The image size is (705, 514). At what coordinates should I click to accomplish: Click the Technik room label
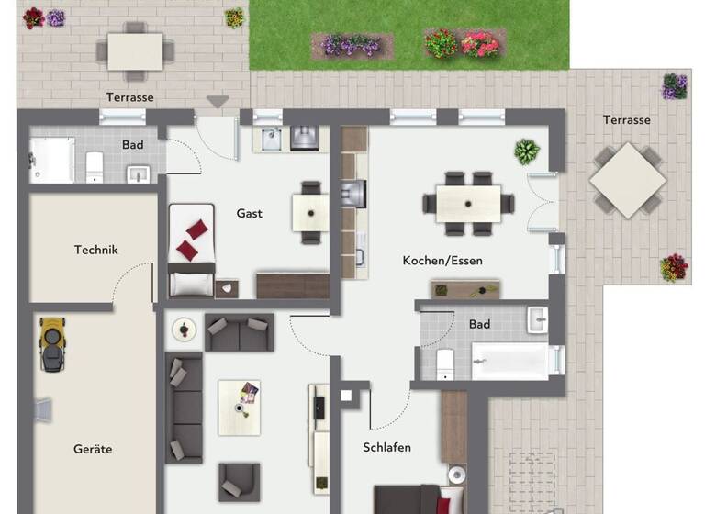(95, 250)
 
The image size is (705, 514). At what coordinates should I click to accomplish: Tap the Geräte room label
(93, 449)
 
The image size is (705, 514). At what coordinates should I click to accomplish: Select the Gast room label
(249, 213)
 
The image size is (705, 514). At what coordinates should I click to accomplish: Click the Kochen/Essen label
(442, 261)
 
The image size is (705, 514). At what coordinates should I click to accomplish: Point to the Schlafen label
(386, 447)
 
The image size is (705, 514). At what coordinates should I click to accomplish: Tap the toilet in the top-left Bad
(94, 166)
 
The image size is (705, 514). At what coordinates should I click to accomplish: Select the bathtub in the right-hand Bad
(509, 360)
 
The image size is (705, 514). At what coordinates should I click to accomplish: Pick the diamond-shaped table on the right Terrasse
(628, 179)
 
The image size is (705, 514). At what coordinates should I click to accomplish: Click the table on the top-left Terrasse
(135, 51)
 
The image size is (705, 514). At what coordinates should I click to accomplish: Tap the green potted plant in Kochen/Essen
(527, 151)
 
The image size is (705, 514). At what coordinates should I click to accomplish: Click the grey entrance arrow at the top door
(218, 101)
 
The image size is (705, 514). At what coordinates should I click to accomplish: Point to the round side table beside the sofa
(186, 329)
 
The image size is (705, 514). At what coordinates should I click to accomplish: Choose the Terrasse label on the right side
(626, 119)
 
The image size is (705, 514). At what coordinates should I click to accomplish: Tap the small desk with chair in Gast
(310, 213)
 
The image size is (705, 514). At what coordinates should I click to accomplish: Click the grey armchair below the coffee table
(238, 482)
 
